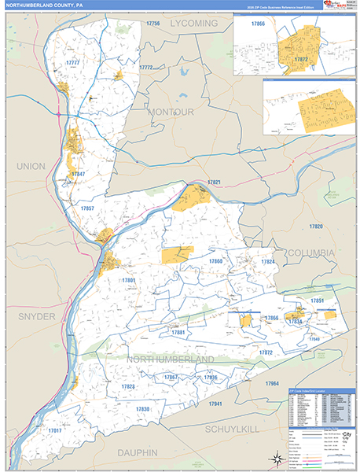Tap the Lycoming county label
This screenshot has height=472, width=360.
(x=194, y=24)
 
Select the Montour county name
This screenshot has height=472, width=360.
(x=170, y=112)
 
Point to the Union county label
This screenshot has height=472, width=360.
(x=31, y=166)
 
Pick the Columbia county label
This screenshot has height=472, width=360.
(x=310, y=253)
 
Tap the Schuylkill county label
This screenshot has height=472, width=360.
(x=236, y=430)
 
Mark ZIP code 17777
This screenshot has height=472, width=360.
(x=72, y=62)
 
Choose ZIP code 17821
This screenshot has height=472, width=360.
(x=214, y=183)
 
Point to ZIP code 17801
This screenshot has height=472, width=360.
(x=129, y=280)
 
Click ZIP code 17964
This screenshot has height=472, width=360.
(x=272, y=382)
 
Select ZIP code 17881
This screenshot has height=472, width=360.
(x=178, y=333)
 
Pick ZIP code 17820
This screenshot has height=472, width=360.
(x=316, y=226)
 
